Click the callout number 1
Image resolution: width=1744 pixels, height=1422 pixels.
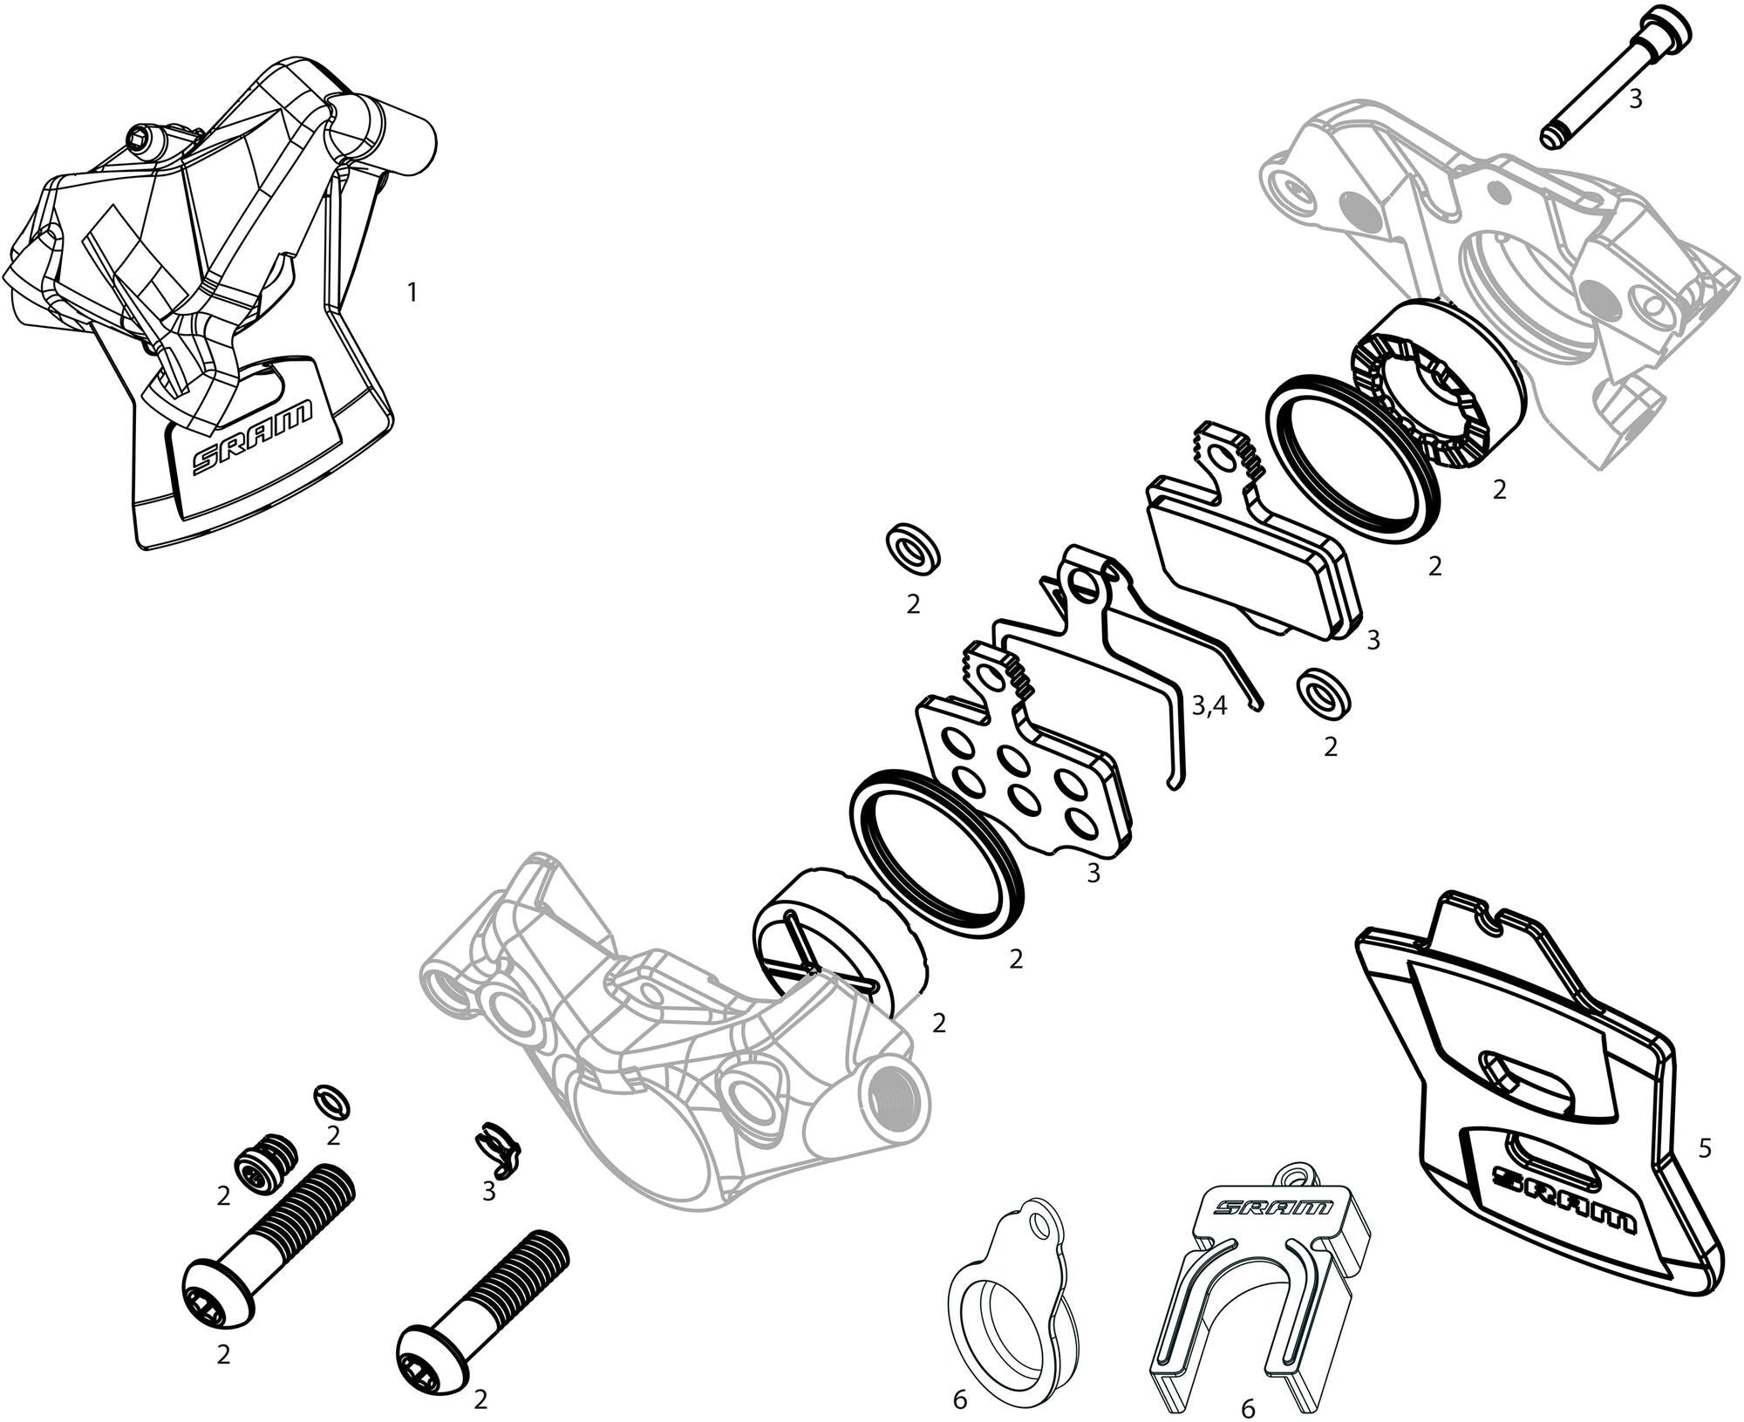[412, 292]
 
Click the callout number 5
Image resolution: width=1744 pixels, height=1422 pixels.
[1705, 1148]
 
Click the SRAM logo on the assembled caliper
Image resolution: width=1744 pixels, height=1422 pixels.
[252, 438]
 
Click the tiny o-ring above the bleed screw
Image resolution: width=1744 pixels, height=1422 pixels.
[333, 1102]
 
